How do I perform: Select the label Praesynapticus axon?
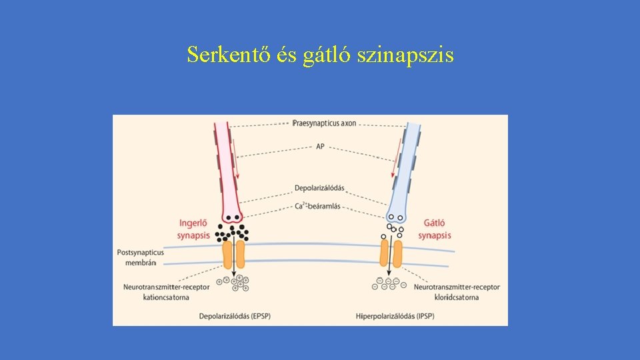point(325,124)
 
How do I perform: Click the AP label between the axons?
point(320,146)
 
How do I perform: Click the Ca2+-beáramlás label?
point(317,206)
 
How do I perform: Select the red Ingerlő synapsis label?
point(194,229)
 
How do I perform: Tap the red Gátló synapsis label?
point(435,229)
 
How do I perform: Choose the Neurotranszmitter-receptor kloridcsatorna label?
point(456,292)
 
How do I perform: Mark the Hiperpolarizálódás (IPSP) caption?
point(395,315)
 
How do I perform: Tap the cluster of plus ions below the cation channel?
point(235,283)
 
